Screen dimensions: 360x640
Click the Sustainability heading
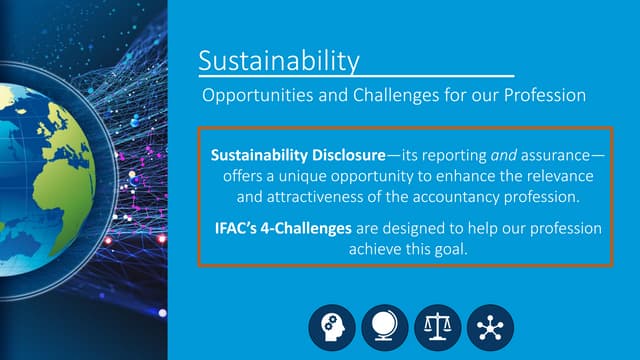point(278,61)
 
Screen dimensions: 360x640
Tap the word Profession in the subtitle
point(541,97)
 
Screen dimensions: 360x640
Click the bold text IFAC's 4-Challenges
point(283,228)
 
